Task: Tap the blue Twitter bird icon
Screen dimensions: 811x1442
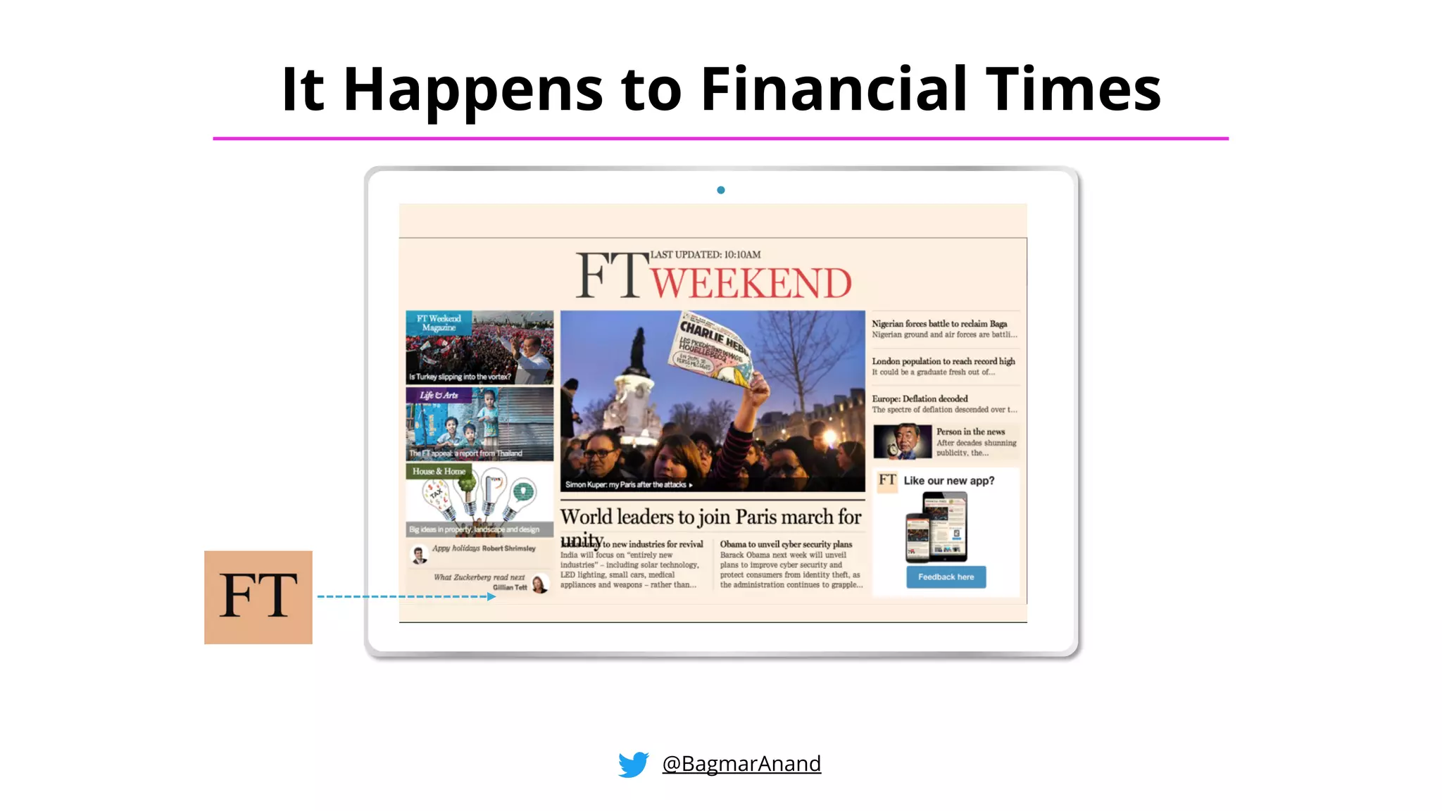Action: [x=634, y=764]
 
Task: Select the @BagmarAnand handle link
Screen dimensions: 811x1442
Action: [x=741, y=764]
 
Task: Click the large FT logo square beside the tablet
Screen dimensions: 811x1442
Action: [x=258, y=597]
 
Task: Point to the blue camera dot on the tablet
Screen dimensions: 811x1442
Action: [x=721, y=190]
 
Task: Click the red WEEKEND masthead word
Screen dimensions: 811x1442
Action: [x=751, y=283]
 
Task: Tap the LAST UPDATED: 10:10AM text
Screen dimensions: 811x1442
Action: [x=705, y=255]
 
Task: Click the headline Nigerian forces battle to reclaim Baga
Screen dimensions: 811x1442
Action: [x=939, y=324]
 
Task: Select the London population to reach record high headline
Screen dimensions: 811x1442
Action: [x=943, y=361]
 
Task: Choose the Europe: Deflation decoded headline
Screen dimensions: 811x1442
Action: [x=920, y=398]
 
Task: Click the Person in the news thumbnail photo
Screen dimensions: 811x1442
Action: [x=902, y=441]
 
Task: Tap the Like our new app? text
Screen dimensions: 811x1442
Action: [x=948, y=481]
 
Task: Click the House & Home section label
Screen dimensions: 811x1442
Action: [x=439, y=471]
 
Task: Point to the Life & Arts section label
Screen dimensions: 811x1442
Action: [x=439, y=395]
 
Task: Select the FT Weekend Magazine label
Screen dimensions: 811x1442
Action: [x=439, y=322]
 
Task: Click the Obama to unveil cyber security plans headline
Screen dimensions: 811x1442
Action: [x=786, y=544]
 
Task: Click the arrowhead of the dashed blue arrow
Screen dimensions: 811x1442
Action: [x=491, y=596]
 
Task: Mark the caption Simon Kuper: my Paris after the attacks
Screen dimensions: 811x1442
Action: [x=628, y=484]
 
